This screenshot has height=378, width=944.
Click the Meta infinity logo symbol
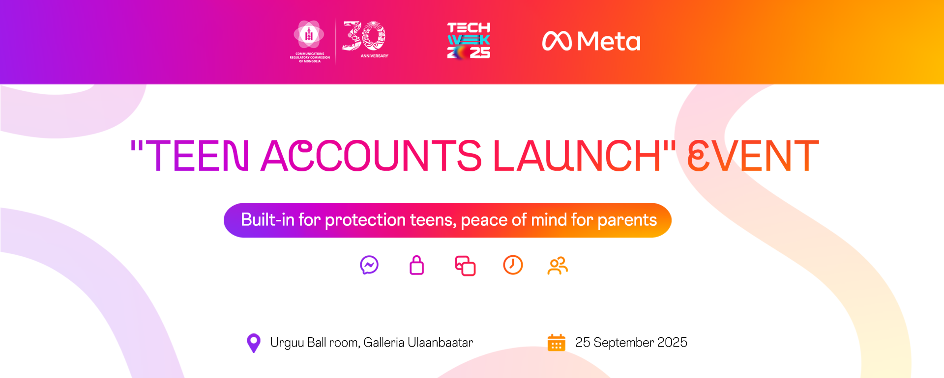click(x=557, y=41)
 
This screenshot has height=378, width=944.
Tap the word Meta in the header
click(x=609, y=41)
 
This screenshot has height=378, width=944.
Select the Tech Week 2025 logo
click(x=469, y=40)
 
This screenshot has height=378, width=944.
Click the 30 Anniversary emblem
click(x=365, y=39)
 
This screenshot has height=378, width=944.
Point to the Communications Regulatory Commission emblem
click(x=309, y=41)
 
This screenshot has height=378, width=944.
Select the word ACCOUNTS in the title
click(x=371, y=156)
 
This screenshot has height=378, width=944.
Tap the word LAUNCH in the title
click(x=577, y=156)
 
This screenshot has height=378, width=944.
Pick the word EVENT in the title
click(x=753, y=156)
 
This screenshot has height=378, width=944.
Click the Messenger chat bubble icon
click(x=369, y=265)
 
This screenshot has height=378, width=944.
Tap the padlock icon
click(x=417, y=265)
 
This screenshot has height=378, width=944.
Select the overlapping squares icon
click(x=465, y=266)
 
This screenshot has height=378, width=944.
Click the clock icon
click(x=513, y=265)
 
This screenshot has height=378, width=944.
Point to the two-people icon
click(x=558, y=266)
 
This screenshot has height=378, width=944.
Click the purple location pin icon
click(x=253, y=343)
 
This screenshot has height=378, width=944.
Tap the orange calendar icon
click(x=557, y=343)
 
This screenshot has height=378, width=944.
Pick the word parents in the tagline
click(x=627, y=220)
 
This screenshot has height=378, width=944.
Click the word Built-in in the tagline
click(x=267, y=219)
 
